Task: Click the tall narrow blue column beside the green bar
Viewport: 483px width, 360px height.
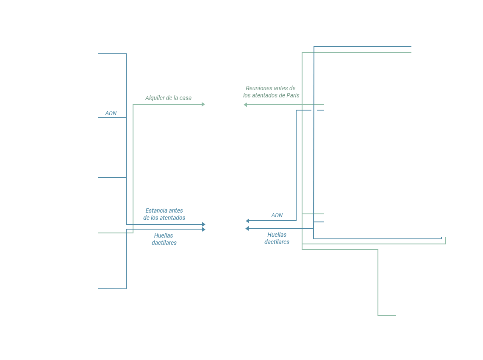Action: [x=112, y=127]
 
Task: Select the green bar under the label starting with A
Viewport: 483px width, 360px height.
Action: [x=165, y=110]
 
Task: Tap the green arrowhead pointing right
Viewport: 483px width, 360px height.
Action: [x=203, y=104]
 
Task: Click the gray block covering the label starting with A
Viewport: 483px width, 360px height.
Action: [x=169, y=98]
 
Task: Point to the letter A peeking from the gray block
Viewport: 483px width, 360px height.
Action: [x=147, y=98]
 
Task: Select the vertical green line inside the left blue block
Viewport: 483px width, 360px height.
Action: [x=133, y=169]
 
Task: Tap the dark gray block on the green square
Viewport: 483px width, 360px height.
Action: [x=271, y=91]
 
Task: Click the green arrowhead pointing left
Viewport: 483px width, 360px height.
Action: [x=245, y=105]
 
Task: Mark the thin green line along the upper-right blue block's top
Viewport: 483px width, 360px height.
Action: [x=362, y=53]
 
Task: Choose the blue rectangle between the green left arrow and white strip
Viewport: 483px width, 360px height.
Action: [x=274, y=165]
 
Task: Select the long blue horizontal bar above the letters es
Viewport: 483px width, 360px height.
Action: [x=344, y=233]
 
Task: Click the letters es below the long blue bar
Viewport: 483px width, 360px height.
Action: [x=287, y=242]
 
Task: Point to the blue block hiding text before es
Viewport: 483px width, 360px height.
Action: [x=274, y=242]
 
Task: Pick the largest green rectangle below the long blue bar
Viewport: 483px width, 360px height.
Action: [x=348, y=280]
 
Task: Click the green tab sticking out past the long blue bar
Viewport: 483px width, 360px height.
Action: [x=444, y=240]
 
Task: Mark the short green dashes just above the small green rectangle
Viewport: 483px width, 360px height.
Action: [x=313, y=214]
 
